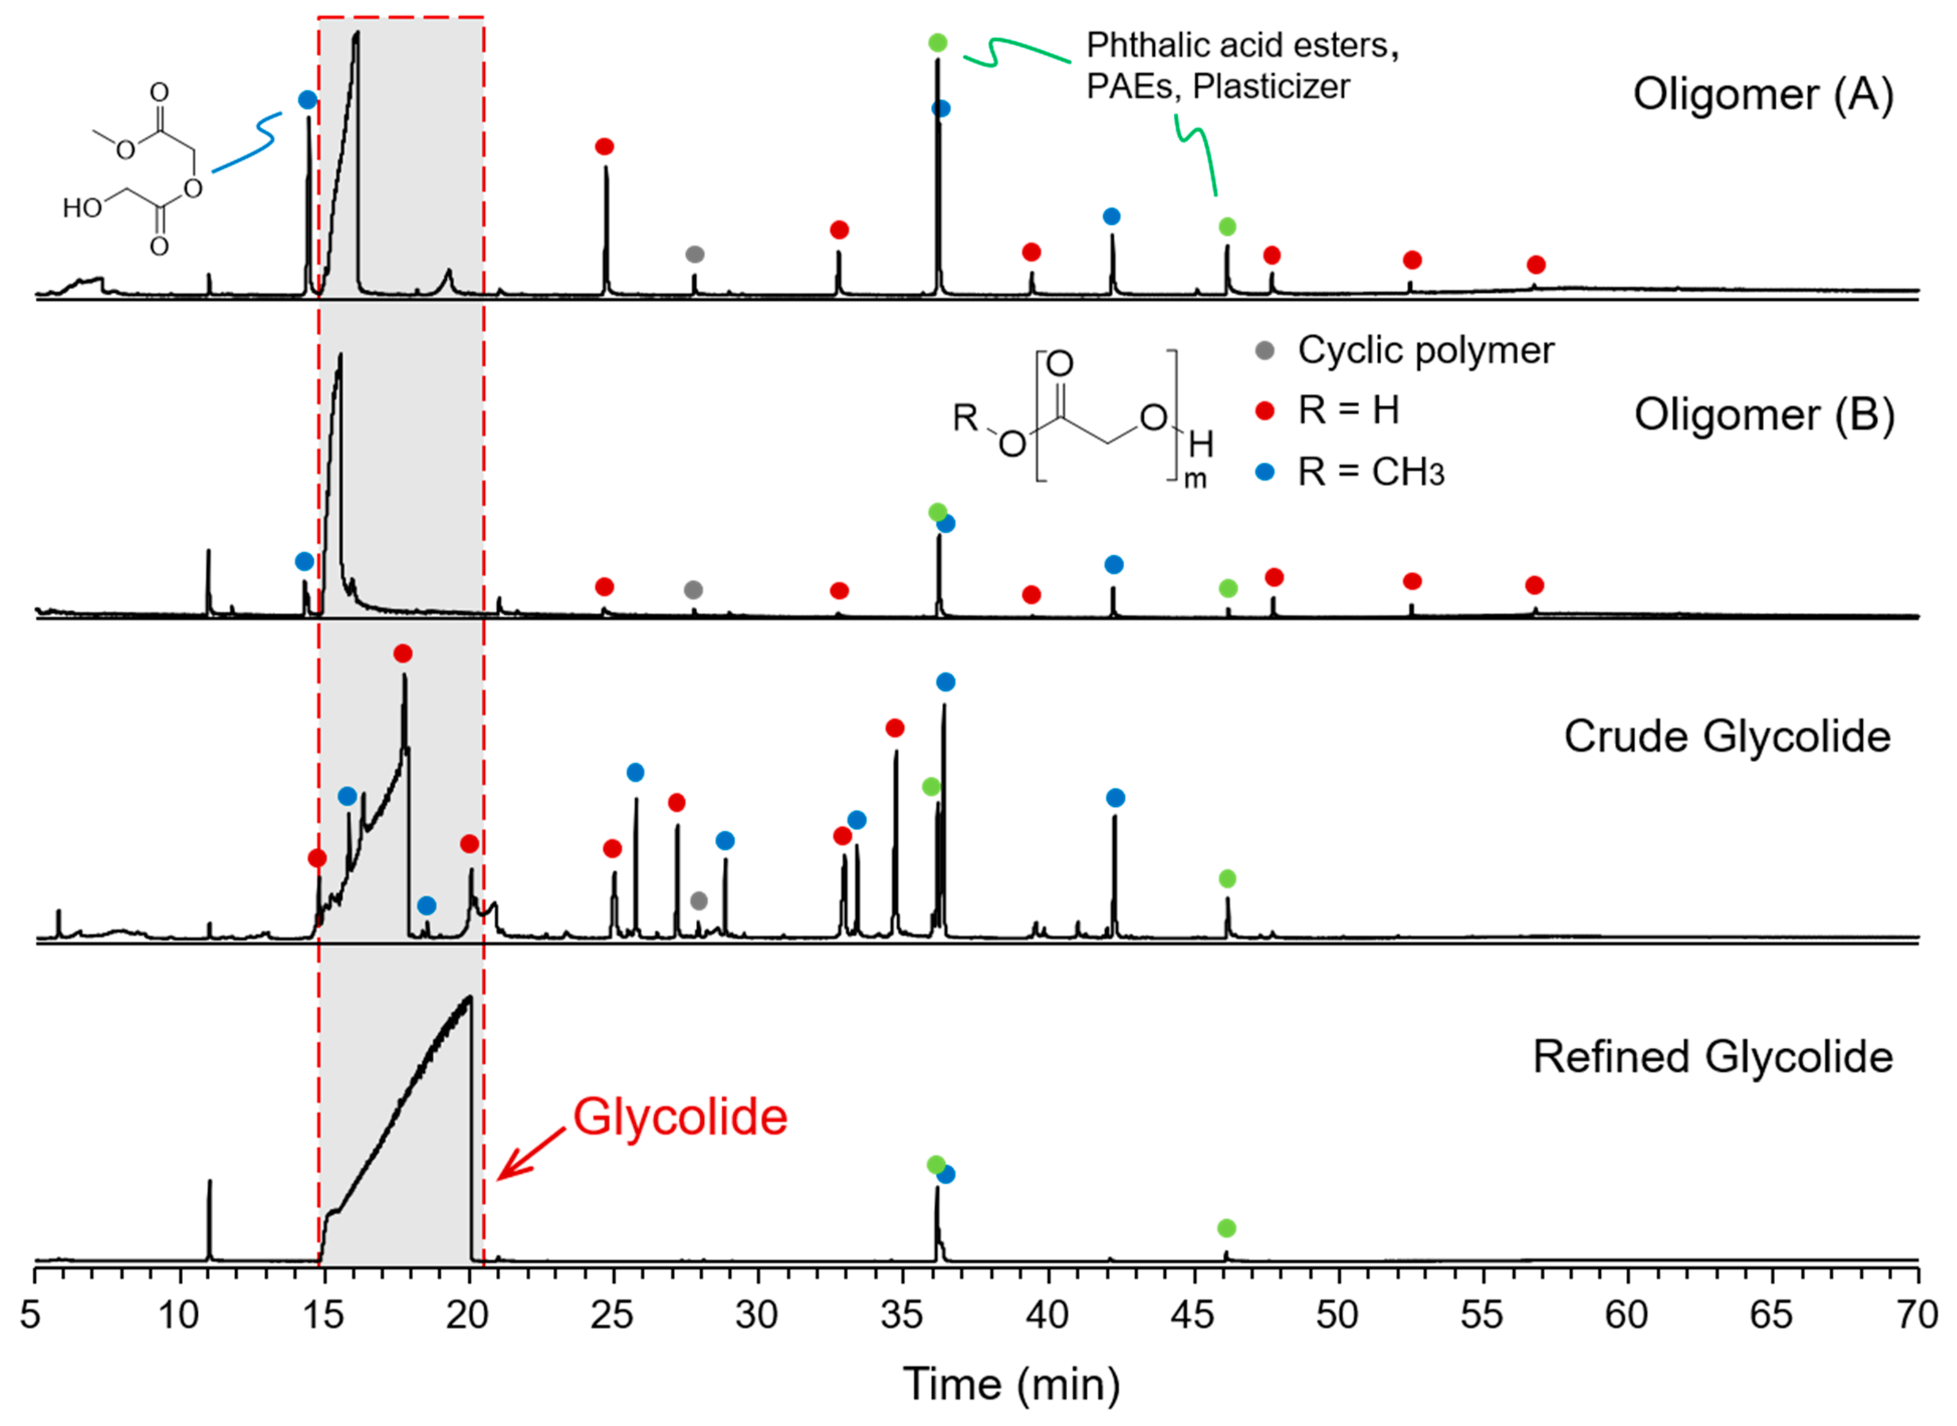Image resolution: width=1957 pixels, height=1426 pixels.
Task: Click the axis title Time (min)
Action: [1011, 1384]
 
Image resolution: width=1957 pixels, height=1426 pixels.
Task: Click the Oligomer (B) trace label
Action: [1764, 415]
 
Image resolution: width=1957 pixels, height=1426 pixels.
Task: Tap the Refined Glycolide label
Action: [1712, 1058]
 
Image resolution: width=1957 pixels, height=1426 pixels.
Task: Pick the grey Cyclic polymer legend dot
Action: [1264, 350]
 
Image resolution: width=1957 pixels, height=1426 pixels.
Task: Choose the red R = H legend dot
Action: [1264, 411]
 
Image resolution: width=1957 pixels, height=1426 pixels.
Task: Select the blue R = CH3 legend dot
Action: [1264, 472]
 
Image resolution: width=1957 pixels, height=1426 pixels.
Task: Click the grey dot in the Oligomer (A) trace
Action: [695, 254]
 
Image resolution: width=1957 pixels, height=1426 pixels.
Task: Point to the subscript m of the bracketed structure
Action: [1195, 479]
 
